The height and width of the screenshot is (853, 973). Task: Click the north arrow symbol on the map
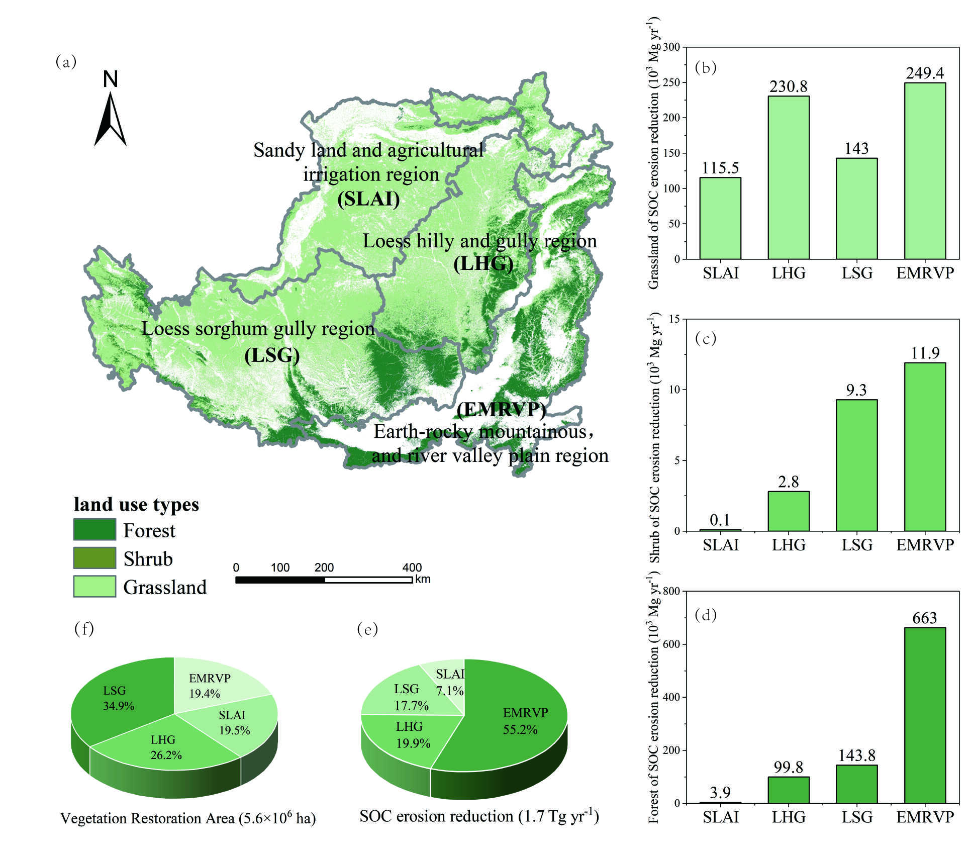pos(110,118)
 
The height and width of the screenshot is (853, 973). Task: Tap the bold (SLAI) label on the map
pos(368,200)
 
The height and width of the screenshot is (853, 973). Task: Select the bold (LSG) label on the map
pos(272,356)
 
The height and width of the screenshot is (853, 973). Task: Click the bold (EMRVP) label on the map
pos(501,410)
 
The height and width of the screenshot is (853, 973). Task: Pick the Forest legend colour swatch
pos(94,530)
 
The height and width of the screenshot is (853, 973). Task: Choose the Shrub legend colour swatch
pos(94,558)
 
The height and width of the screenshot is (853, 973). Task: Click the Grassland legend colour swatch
pos(94,586)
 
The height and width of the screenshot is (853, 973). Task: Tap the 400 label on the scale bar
pos(412,567)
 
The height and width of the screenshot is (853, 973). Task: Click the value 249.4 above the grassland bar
pos(925,73)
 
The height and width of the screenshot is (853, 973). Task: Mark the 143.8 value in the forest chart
pos(856,755)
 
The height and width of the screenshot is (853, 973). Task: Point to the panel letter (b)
pos(706,67)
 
